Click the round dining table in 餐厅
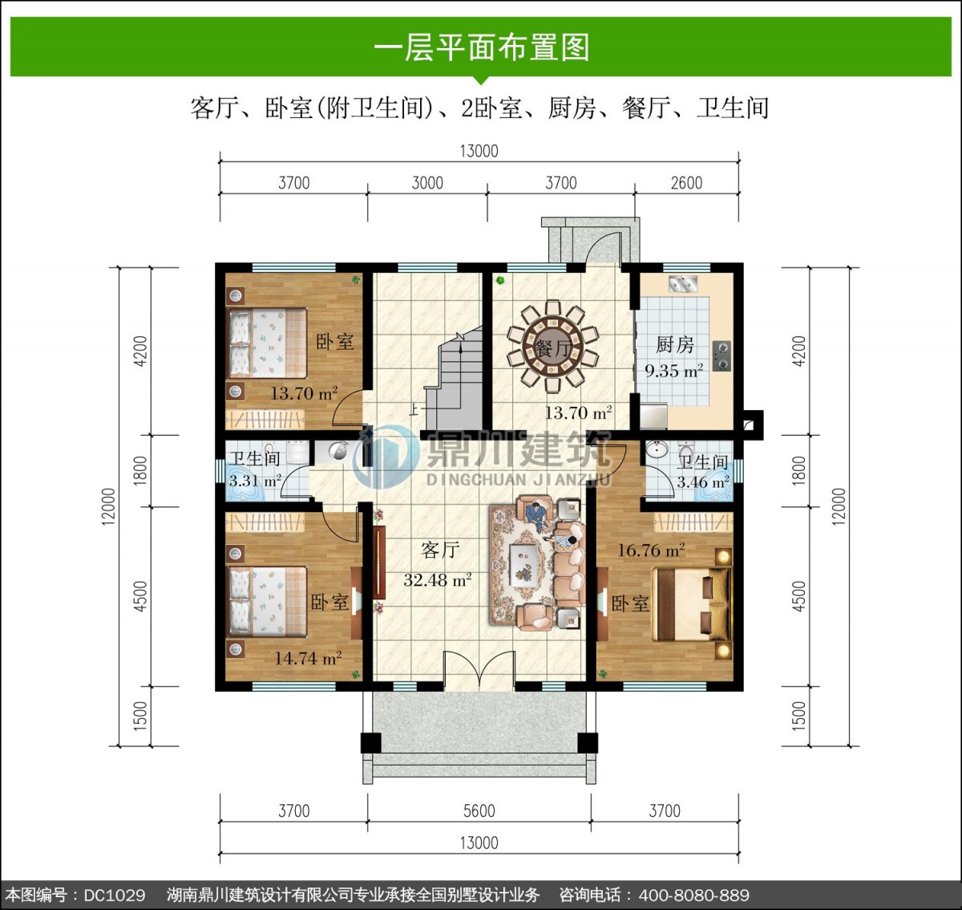[x=552, y=347]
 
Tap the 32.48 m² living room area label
[x=438, y=580]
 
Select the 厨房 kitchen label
[x=675, y=345]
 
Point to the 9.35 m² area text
[x=673, y=371]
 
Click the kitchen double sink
[x=683, y=285]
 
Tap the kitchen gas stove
[x=721, y=355]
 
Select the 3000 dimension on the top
[x=427, y=183]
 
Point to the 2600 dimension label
[x=686, y=183]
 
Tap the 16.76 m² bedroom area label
[x=651, y=550]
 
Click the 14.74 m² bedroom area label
[x=308, y=658]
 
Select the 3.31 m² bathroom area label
[x=255, y=481]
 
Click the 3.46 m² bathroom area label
[x=703, y=482]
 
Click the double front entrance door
[x=479, y=672]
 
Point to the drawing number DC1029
[x=115, y=895]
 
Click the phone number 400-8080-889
[x=693, y=895]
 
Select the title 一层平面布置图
[x=481, y=48]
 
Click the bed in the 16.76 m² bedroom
[x=691, y=604]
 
